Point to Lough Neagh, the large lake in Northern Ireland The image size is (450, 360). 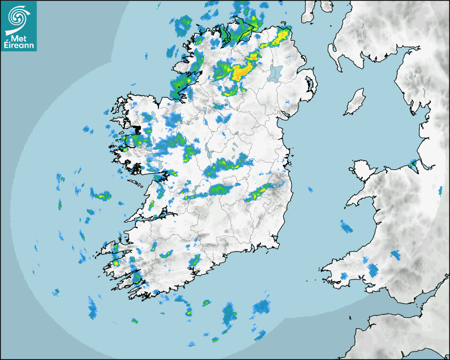coord(276,73)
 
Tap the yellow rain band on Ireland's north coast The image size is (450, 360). coord(277,39)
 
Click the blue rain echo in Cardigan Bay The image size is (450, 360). coord(346,227)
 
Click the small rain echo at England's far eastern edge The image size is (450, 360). coord(440,190)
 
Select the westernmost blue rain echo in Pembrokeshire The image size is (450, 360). coord(343,276)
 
